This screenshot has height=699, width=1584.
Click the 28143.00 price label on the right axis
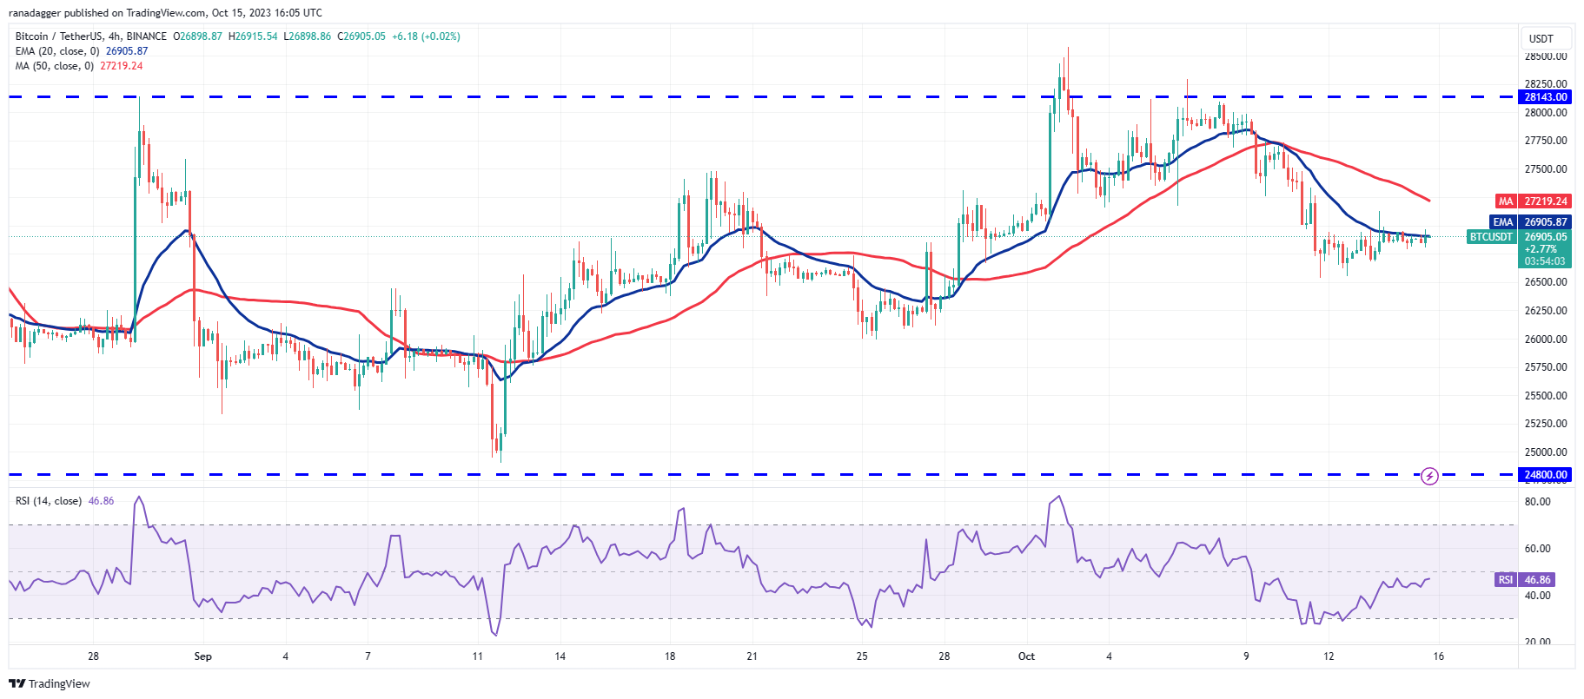point(1546,97)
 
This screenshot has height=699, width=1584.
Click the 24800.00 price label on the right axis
point(1546,475)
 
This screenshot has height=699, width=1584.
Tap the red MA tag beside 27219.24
point(1505,201)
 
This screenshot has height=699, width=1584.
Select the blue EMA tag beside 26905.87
point(1503,222)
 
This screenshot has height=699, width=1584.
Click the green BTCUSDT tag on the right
point(1491,237)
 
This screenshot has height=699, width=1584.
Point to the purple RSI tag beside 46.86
point(1505,580)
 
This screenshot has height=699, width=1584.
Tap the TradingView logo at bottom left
point(50,683)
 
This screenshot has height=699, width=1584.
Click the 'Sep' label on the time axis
point(202,656)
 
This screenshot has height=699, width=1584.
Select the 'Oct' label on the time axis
point(1026,656)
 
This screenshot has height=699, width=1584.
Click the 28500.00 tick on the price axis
point(1546,56)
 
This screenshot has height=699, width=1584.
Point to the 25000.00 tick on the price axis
point(1546,452)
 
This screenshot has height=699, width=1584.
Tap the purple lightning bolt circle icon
point(1429,476)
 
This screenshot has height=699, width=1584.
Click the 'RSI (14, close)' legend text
point(49,501)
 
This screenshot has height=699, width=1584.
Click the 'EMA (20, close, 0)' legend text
point(57,51)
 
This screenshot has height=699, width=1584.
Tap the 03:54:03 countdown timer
point(1545,260)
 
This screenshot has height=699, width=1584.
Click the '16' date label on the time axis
point(1438,656)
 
